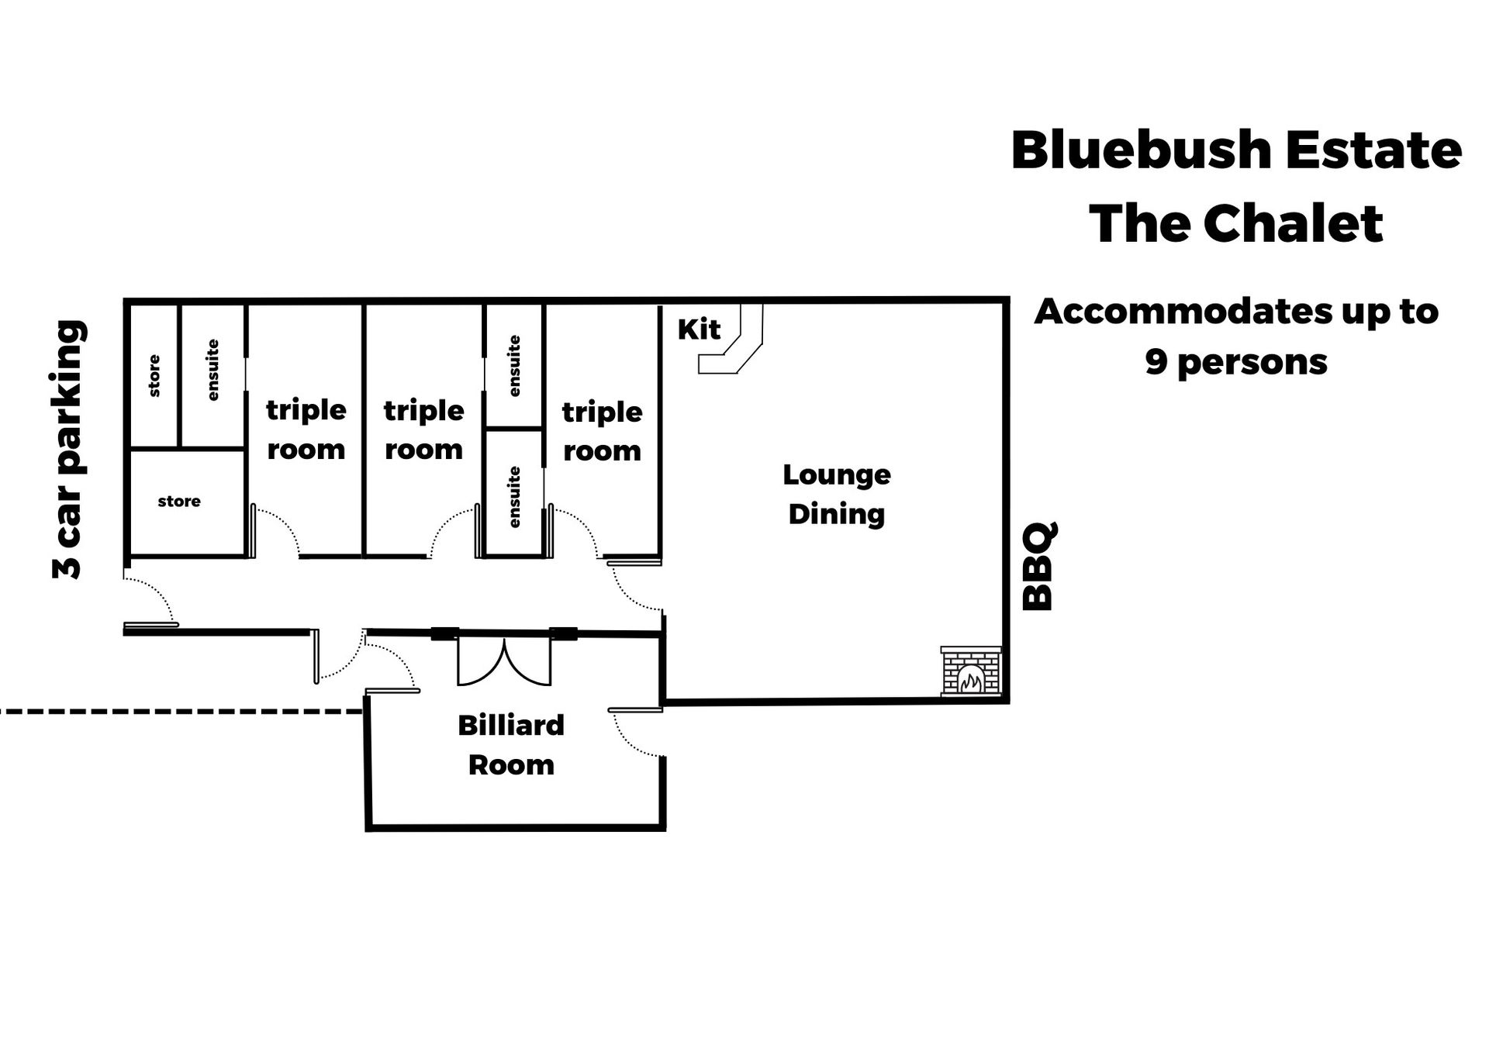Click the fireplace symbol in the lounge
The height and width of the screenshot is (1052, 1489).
(x=971, y=671)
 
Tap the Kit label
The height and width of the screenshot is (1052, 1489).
(x=699, y=329)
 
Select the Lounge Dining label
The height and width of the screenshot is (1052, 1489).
(x=836, y=494)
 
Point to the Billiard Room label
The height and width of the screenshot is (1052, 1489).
(x=511, y=745)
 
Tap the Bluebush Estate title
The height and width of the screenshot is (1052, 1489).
(x=1235, y=150)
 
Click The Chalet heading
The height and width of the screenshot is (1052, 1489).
(x=1235, y=224)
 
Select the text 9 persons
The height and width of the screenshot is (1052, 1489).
(x=1235, y=362)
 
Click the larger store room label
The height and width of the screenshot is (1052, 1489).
(x=179, y=502)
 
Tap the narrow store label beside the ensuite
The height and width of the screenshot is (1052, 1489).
(x=154, y=376)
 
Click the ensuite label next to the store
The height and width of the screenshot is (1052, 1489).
(x=212, y=371)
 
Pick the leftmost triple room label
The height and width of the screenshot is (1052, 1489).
(x=306, y=429)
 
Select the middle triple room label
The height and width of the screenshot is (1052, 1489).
(x=423, y=429)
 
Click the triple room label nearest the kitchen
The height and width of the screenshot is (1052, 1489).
(x=602, y=431)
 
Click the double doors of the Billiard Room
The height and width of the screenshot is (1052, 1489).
(x=504, y=663)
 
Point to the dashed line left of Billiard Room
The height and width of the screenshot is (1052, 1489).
(x=178, y=710)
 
